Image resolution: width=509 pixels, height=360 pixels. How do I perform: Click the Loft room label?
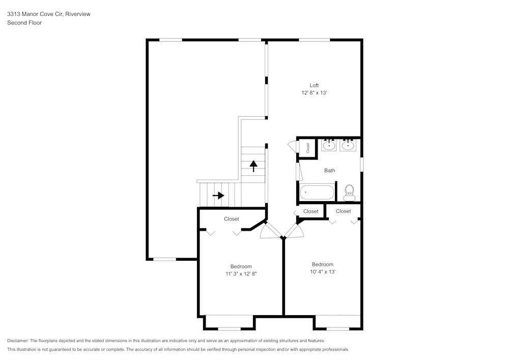click(x=314, y=85)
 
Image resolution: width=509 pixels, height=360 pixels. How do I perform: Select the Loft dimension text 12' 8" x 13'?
click(x=314, y=93)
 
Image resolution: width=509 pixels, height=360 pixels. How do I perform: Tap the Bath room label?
click(x=330, y=171)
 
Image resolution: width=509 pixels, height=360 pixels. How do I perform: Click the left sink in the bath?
click(x=329, y=146)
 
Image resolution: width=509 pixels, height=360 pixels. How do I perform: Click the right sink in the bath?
click(x=348, y=146)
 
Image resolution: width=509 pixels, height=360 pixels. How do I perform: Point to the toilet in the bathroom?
click(x=349, y=191)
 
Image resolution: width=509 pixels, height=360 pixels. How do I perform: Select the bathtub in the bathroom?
click(x=317, y=192)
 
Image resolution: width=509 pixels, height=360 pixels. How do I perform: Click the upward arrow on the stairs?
click(x=253, y=166)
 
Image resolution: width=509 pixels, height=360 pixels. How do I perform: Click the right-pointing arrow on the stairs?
click(x=218, y=195)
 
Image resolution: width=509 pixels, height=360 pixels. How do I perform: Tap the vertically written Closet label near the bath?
click(x=308, y=147)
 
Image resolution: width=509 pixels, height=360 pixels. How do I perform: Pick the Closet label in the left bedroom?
click(x=232, y=219)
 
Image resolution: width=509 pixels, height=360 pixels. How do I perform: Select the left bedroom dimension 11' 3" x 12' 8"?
click(x=241, y=274)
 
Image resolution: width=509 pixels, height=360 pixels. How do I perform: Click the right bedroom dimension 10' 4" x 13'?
click(x=323, y=272)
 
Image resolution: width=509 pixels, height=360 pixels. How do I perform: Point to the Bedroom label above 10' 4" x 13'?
click(x=323, y=264)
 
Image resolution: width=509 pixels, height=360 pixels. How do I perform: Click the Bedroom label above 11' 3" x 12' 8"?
click(x=241, y=266)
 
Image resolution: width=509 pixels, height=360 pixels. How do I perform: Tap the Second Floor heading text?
click(x=24, y=23)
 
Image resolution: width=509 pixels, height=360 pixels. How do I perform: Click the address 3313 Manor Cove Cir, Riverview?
click(x=49, y=14)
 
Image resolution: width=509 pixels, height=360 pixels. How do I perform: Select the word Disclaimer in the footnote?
click(x=18, y=341)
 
